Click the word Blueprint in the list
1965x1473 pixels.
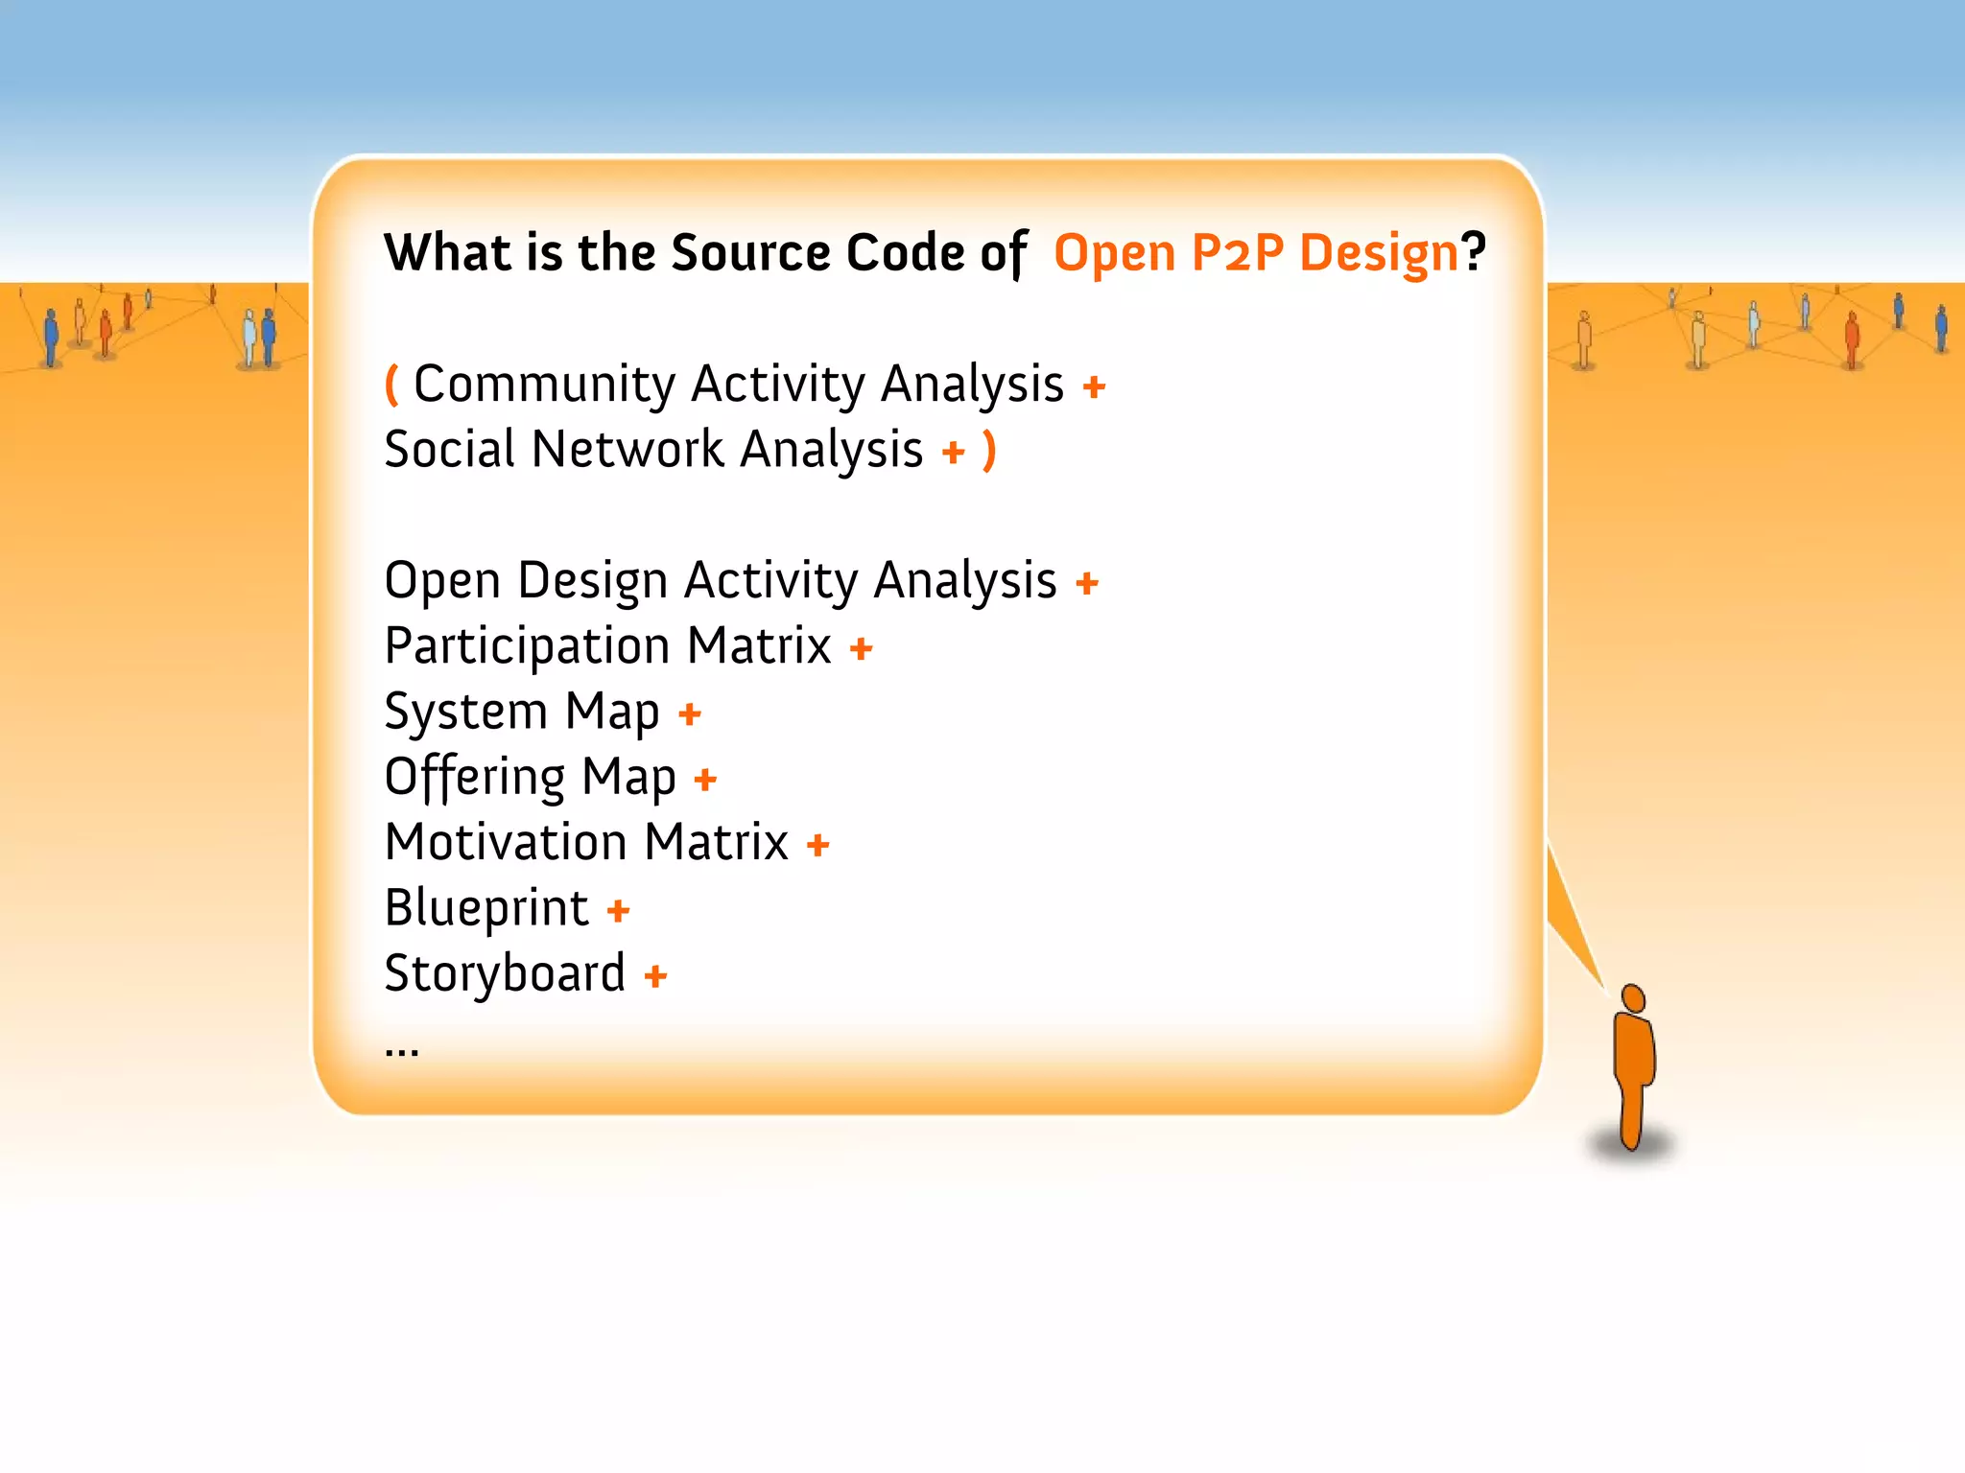[486, 908]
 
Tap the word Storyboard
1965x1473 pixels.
[505, 974]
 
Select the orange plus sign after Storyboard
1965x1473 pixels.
[655, 976]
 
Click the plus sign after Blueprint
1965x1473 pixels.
[619, 910]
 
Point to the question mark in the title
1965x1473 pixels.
[1474, 252]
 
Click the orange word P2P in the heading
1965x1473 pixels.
[1237, 253]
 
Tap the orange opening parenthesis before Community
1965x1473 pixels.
[391, 385]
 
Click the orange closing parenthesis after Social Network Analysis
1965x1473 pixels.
[989, 450]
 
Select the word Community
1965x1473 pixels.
[545, 385]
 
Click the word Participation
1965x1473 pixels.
[527, 646]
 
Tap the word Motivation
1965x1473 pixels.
[506, 842]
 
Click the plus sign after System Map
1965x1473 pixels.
[690, 713]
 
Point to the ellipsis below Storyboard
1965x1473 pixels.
[402, 1051]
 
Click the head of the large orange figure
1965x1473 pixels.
[1633, 997]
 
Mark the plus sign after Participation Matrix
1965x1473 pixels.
[862, 648]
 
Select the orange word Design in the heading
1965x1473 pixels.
[1379, 253]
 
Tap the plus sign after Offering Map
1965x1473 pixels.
[705, 779]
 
